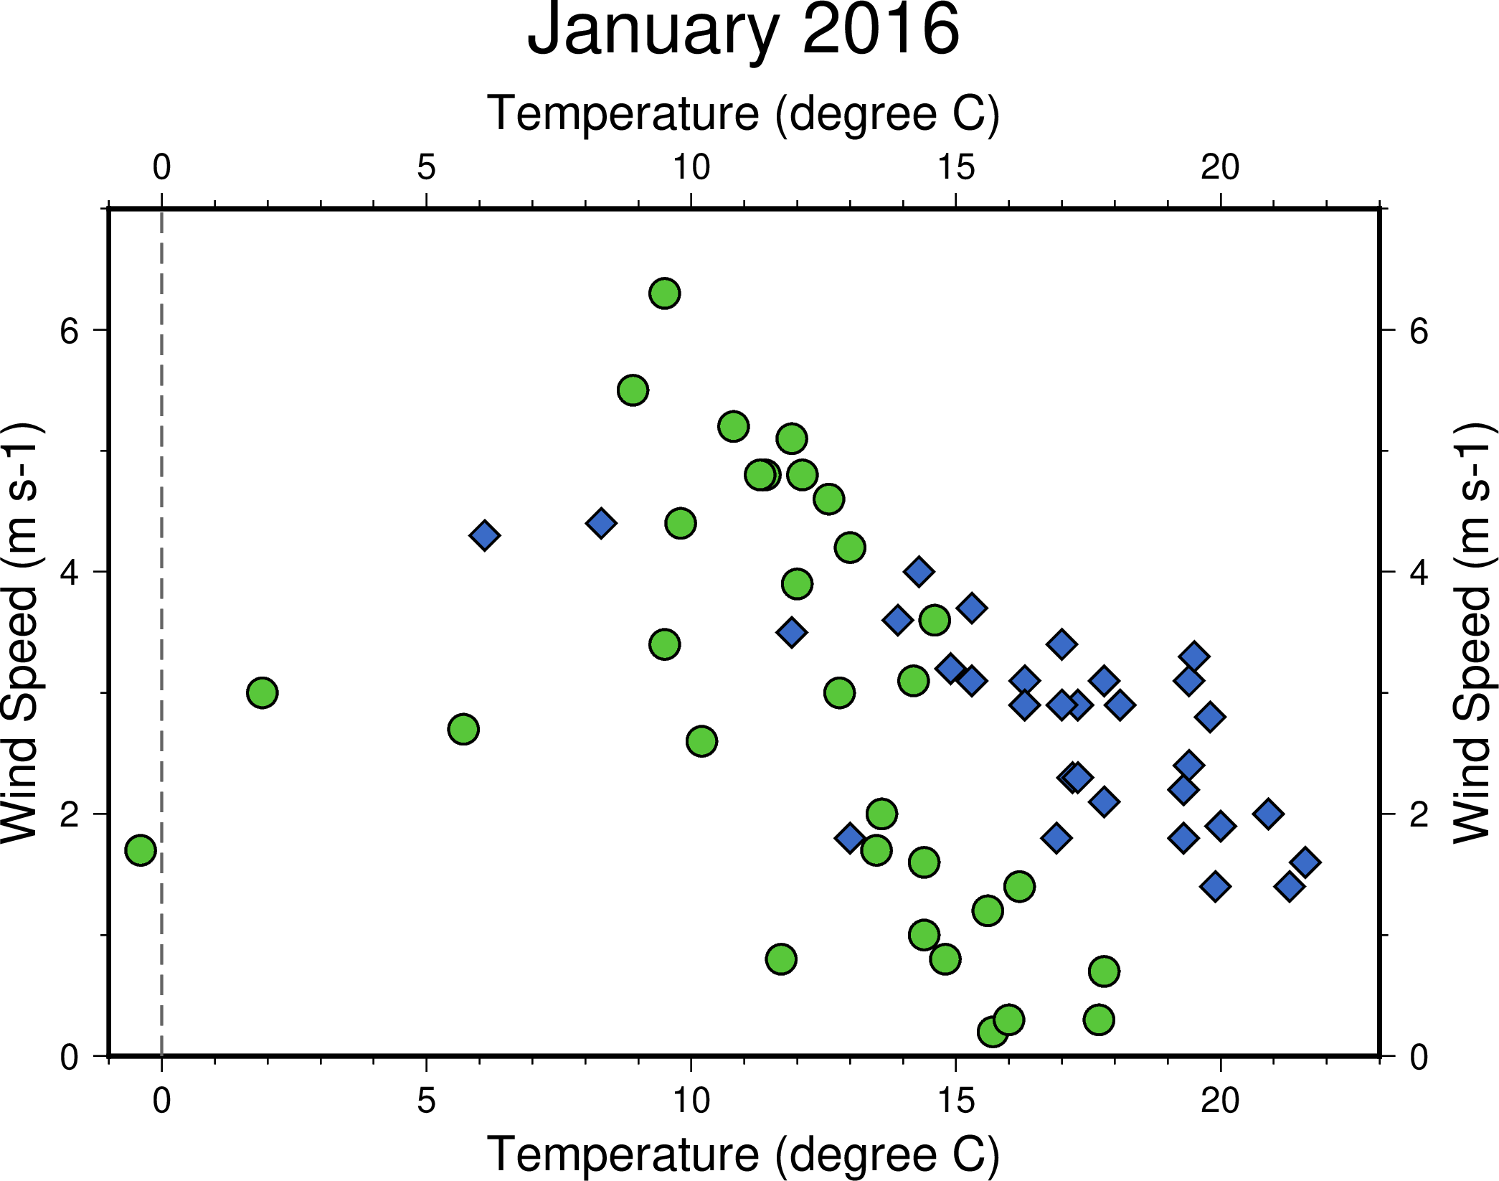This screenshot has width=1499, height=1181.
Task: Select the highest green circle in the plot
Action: click(x=665, y=293)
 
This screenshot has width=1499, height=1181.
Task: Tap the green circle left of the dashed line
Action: click(x=141, y=850)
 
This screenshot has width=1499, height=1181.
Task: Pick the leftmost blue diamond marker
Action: click(x=485, y=535)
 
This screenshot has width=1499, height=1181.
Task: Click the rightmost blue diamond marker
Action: click(x=1305, y=862)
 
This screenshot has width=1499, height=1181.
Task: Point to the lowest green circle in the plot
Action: click(x=993, y=1032)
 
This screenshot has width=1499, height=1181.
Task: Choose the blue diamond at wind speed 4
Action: click(x=919, y=572)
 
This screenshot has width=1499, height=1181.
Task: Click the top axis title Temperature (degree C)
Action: click(x=743, y=113)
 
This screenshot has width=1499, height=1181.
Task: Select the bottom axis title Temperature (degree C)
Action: click(x=743, y=1154)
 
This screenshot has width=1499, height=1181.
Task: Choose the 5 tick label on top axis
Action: click(x=426, y=168)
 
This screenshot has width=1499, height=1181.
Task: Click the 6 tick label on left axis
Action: click(x=70, y=331)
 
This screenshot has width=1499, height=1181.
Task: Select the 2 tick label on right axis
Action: click(x=1419, y=815)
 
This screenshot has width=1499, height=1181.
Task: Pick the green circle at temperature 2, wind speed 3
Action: click(x=262, y=693)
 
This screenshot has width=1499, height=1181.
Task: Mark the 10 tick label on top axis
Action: click(x=691, y=168)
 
